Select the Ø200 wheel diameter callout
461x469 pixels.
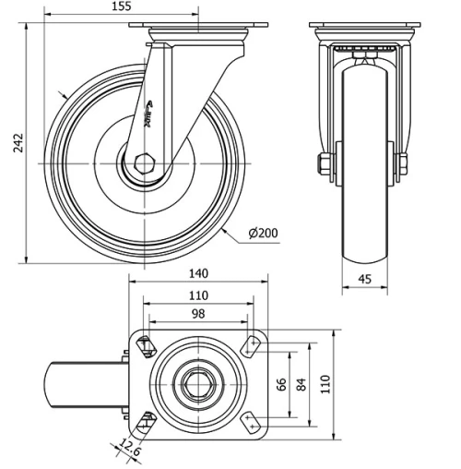264,232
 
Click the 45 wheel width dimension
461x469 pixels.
364,279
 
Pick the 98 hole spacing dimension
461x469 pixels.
198,315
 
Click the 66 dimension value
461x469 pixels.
283,382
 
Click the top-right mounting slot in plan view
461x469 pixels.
251,346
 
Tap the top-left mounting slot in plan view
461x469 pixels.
145,346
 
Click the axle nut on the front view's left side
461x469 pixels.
325,165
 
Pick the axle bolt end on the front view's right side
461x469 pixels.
403,165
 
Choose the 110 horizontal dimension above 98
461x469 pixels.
198,295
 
